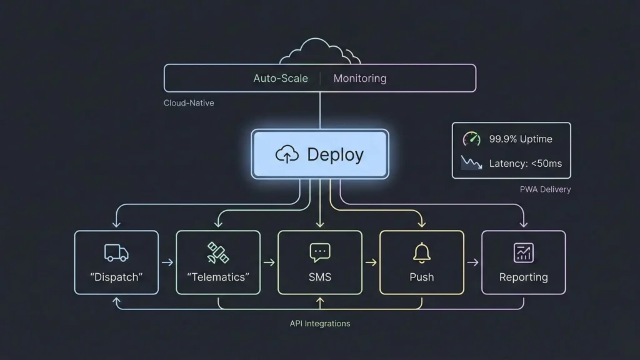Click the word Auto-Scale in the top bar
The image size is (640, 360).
(x=281, y=79)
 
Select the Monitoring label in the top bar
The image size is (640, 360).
(x=359, y=79)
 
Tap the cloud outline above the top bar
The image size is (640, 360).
(x=320, y=52)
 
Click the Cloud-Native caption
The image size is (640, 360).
(x=189, y=102)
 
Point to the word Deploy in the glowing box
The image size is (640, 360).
(x=335, y=154)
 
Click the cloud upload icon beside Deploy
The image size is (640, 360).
(x=287, y=155)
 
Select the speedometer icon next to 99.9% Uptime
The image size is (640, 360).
(x=471, y=139)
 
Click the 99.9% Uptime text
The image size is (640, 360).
(x=521, y=139)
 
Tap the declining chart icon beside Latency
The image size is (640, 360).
(x=471, y=163)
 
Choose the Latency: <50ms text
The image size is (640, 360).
(x=525, y=164)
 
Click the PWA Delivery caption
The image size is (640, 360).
(x=545, y=189)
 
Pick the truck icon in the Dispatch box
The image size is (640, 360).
(x=116, y=252)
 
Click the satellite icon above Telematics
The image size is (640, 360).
(x=217, y=252)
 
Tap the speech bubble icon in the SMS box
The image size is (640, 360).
(x=319, y=252)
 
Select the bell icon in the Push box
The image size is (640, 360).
(x=422, y=252)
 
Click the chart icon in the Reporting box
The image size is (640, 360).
(x=523, y=252)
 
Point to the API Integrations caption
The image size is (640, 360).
(x=320, y=323)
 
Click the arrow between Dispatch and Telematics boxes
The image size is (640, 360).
(x=167, y=262)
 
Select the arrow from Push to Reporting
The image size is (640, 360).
(x=472, y=262)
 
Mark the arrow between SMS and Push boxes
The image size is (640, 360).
(x=371, y=262)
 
